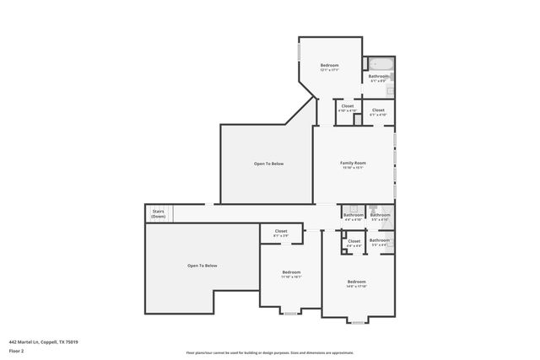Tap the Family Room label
click(x=353, y=164)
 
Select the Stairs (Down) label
click(x=158, y=214)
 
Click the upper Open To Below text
click(x=268, y=163)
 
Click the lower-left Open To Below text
click(x=202, y=266)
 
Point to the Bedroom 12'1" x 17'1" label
click(x=329, y=67)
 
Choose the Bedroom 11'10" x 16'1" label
click(x=291, y=274)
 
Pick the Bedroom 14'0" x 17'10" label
click(x=356, y=283)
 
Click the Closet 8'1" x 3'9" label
click(x=280, y=233)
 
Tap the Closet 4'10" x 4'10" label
click(x=348, y=108)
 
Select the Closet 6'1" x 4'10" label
click(x=378, y=111)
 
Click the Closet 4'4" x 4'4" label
click(x=354, y=243)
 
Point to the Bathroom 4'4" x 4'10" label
click(x=353, y=217)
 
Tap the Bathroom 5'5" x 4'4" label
click(x=380, y=242)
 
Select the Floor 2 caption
click(x=16, y=350)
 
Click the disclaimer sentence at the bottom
click(x=269, y=352)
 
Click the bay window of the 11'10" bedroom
click(x=290, y=314)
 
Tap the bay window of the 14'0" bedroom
click(x=357, y=322)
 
